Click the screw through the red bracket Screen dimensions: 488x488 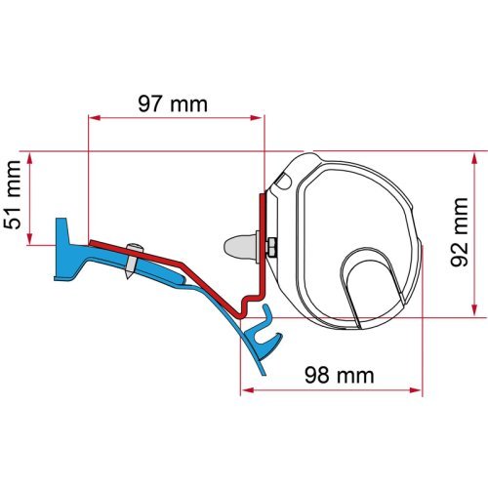[130, 264]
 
